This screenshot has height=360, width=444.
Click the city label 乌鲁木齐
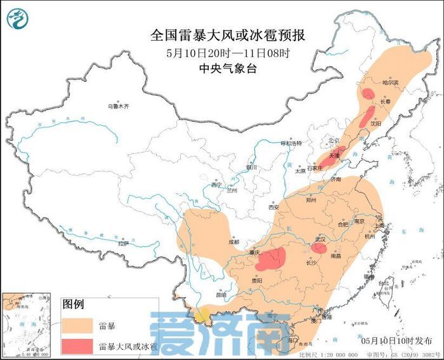coord(117,106)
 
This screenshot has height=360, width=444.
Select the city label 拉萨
coord(122,243)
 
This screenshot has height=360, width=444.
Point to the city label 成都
coord(234,241)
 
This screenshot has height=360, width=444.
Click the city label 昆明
coord(221,295)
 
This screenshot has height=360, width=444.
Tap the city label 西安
coord(273,207)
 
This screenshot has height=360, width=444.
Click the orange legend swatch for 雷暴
coord(77,326)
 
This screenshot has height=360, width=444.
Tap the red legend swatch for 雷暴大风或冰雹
coord(77,347)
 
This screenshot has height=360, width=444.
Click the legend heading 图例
coord(74,304)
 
